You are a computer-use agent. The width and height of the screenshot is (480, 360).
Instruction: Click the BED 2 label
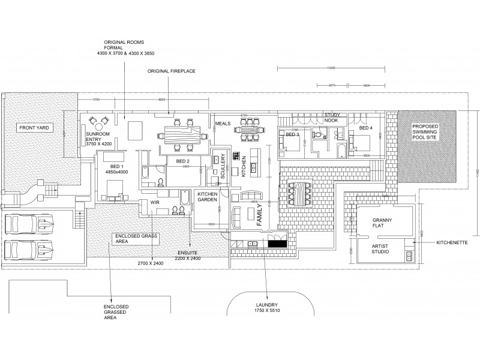pyautogui.click(x=182, y=161)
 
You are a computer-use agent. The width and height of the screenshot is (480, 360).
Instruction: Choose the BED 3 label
pyautogui.click(x=292, y=134)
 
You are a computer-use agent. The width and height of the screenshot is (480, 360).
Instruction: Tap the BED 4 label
pyautogui.click(x=366, y=128)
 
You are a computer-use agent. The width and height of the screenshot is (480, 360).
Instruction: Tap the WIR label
pyautogui.click(x=154, y=203)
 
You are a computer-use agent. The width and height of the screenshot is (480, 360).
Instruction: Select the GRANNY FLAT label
pyautogui.click(x=382, y=224)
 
